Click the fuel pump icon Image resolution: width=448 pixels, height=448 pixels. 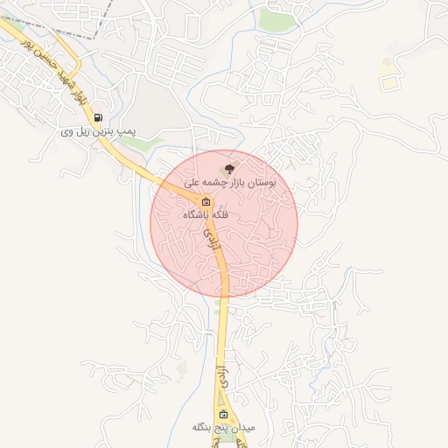click(97, 117)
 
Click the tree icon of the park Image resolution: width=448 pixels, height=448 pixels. click(229, 169)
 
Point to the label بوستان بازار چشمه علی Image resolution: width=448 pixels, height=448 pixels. click(230, 184)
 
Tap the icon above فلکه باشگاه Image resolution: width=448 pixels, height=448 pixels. click(206, 200)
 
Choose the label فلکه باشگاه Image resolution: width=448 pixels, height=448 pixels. click(206, 214)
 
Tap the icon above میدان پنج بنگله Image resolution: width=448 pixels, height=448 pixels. click(223, 414)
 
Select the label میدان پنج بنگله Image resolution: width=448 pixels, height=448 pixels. click(223, 428)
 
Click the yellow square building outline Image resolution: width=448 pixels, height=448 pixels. click(387, 83)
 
